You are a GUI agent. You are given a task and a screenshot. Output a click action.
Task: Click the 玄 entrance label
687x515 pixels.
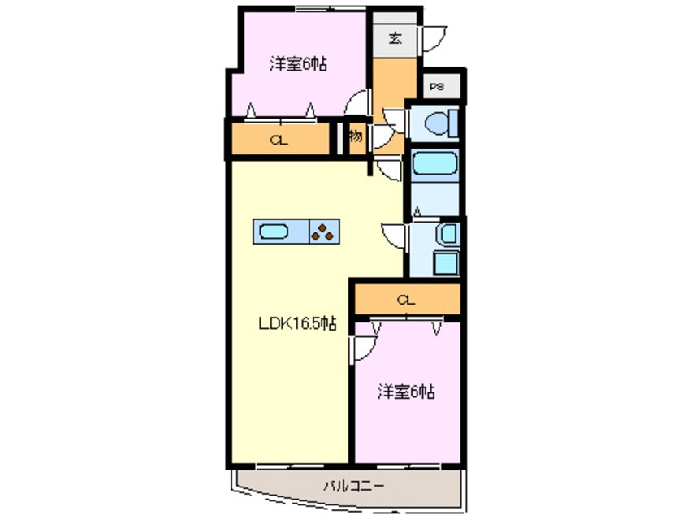394,38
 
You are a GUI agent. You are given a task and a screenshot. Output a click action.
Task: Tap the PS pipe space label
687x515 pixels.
436,86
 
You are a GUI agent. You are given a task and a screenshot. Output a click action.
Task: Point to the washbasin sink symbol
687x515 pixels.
446,235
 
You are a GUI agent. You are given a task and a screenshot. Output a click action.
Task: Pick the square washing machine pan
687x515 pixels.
446,263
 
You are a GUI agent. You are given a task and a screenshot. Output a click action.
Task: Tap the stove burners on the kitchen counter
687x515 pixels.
323,233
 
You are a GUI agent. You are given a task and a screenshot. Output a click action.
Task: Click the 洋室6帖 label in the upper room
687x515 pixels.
298,64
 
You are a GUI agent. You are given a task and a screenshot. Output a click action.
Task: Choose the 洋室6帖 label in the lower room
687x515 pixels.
405,392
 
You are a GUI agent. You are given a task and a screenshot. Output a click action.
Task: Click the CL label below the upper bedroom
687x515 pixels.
279,140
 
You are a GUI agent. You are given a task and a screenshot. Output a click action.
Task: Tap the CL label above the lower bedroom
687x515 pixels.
406,300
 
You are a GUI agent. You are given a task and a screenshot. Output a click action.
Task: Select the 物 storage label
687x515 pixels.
355,136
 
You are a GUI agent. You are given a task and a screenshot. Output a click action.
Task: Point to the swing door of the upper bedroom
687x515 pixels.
356,104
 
